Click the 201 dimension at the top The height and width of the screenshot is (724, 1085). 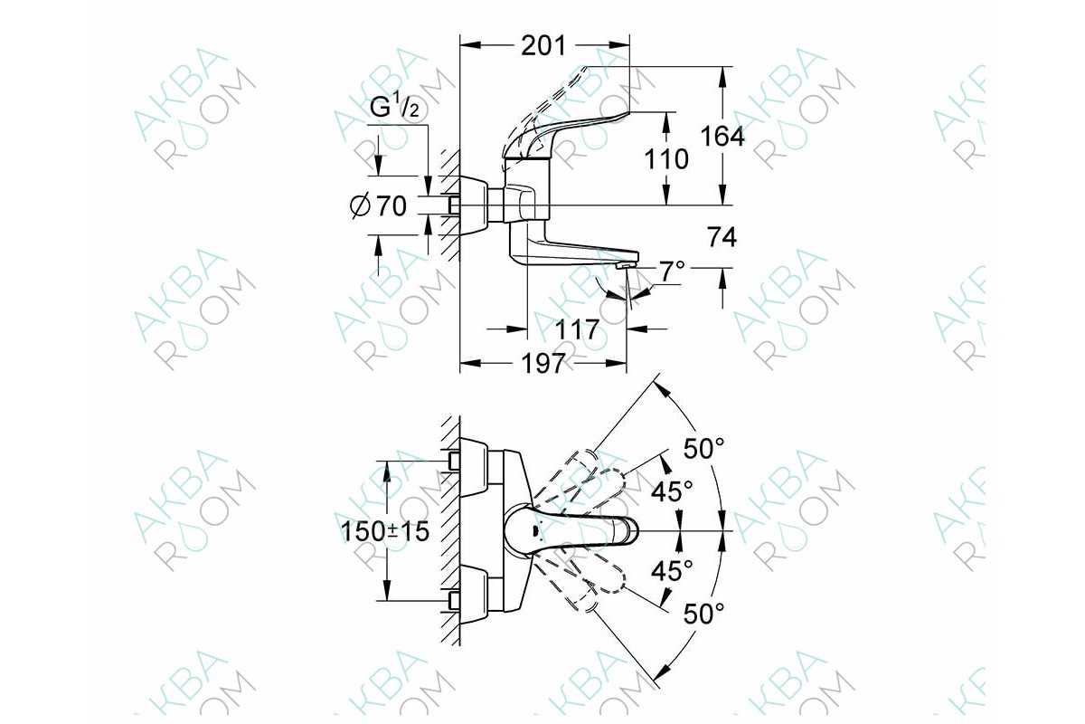(543, 46)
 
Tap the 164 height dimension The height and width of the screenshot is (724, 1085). (722, 137)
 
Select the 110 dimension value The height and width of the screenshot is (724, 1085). (666, 158)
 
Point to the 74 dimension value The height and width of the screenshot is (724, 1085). (722, 238)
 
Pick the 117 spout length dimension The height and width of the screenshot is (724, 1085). (577, 330)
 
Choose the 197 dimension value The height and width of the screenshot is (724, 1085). (543, 363)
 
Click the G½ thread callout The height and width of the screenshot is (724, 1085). (394, 107)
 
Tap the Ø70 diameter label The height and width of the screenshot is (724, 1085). (378, 206)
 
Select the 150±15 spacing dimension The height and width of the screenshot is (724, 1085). (385, 531)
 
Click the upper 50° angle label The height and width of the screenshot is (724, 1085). (703, 448)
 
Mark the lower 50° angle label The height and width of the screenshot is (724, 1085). (703, 614)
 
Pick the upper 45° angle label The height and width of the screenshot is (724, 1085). (672, 491)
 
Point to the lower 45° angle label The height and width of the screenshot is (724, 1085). (672, 571)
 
